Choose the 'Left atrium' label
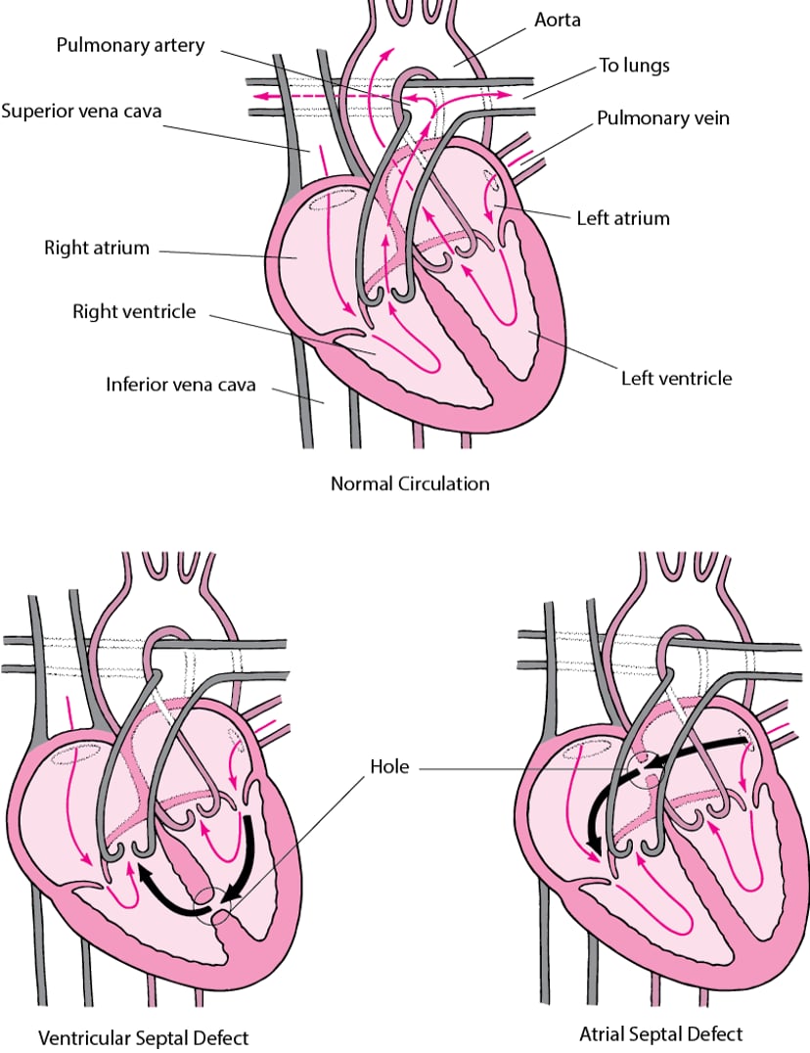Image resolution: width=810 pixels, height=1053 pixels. (x=623, y=217)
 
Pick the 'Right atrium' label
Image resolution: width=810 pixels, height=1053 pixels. (x=97, y=248)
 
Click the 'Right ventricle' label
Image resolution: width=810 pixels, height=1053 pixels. (x=134, y=312)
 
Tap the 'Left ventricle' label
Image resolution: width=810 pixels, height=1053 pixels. (x=676, y=377)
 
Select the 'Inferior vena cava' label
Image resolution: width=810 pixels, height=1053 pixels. (x=180, y=385)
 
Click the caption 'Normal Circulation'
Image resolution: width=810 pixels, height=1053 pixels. (x=410, y=483)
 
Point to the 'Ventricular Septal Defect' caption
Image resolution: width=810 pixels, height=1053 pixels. (x=144, y=1036)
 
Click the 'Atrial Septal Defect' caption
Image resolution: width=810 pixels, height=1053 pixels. (x=661, y=1033)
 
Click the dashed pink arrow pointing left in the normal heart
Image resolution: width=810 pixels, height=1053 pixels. (x=284, y=96)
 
